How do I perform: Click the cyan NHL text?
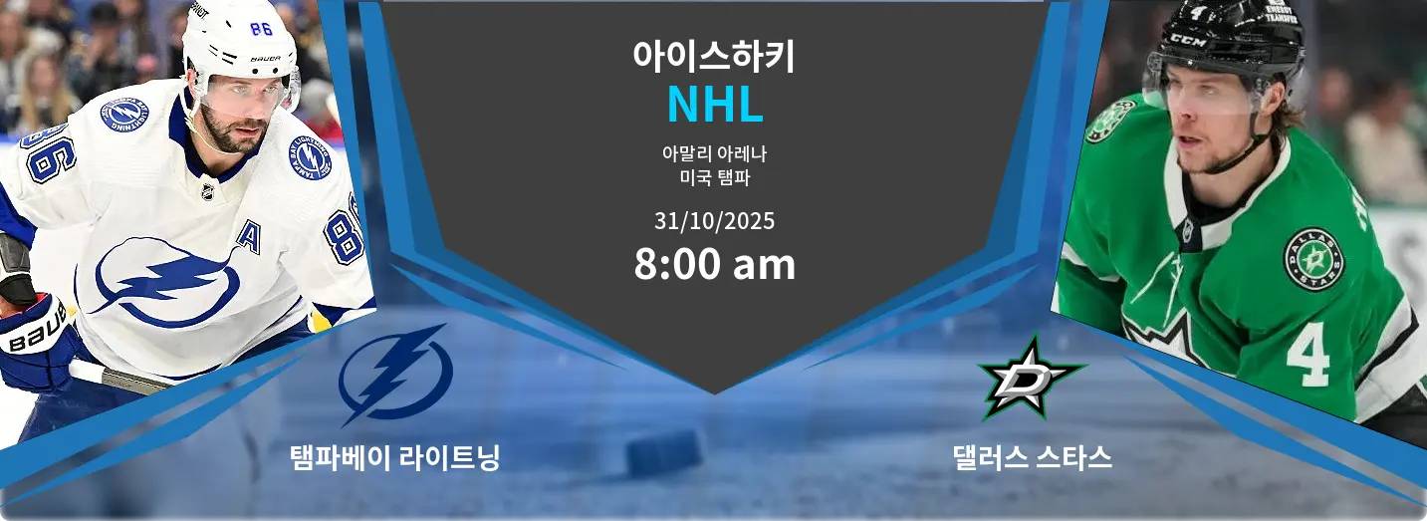715,105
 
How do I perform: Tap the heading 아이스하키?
714,56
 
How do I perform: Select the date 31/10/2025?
714,221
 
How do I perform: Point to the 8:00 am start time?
714,264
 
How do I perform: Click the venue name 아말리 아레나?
714,153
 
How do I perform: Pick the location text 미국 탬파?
714,177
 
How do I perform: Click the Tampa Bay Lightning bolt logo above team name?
395,375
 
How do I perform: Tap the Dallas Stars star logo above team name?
1032,378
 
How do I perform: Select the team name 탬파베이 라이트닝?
395,457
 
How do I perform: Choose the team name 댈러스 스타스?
1032,457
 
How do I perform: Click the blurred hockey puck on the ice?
663,452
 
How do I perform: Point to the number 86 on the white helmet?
261,29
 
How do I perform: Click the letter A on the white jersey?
249,237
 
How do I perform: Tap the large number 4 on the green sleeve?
1308,354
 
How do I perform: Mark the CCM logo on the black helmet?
1189,42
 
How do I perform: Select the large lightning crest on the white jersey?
167,280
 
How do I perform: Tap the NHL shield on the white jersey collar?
208,191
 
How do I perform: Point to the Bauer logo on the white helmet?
265,59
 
